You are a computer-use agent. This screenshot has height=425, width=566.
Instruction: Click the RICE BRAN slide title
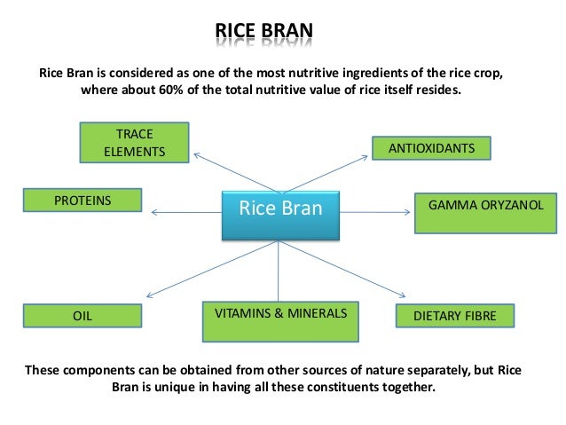[264, 36]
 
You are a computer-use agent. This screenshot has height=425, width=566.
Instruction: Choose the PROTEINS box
[83, 201]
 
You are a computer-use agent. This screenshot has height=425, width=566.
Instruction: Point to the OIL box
[83, 315]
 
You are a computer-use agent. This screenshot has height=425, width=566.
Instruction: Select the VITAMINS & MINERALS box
[280, 321]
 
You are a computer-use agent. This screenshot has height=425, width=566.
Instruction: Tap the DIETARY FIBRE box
[455, 315]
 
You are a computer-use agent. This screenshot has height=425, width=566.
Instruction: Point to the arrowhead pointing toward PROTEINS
[153, 211]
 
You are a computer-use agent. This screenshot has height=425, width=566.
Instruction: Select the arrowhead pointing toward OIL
[149, 296]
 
